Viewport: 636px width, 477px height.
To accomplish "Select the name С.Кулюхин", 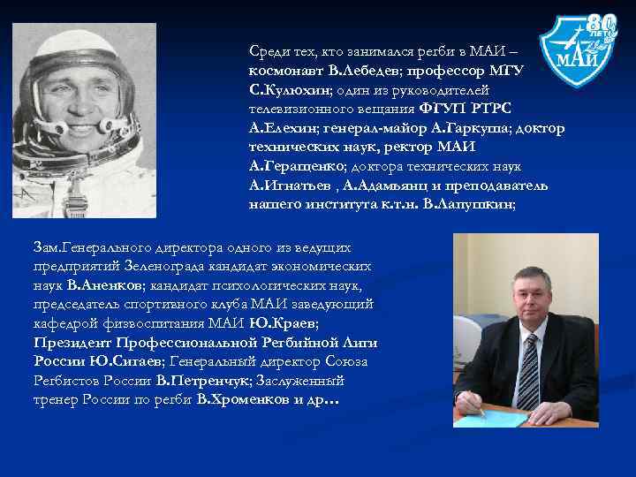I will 289,90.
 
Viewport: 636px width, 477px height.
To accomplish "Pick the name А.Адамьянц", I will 369,185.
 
